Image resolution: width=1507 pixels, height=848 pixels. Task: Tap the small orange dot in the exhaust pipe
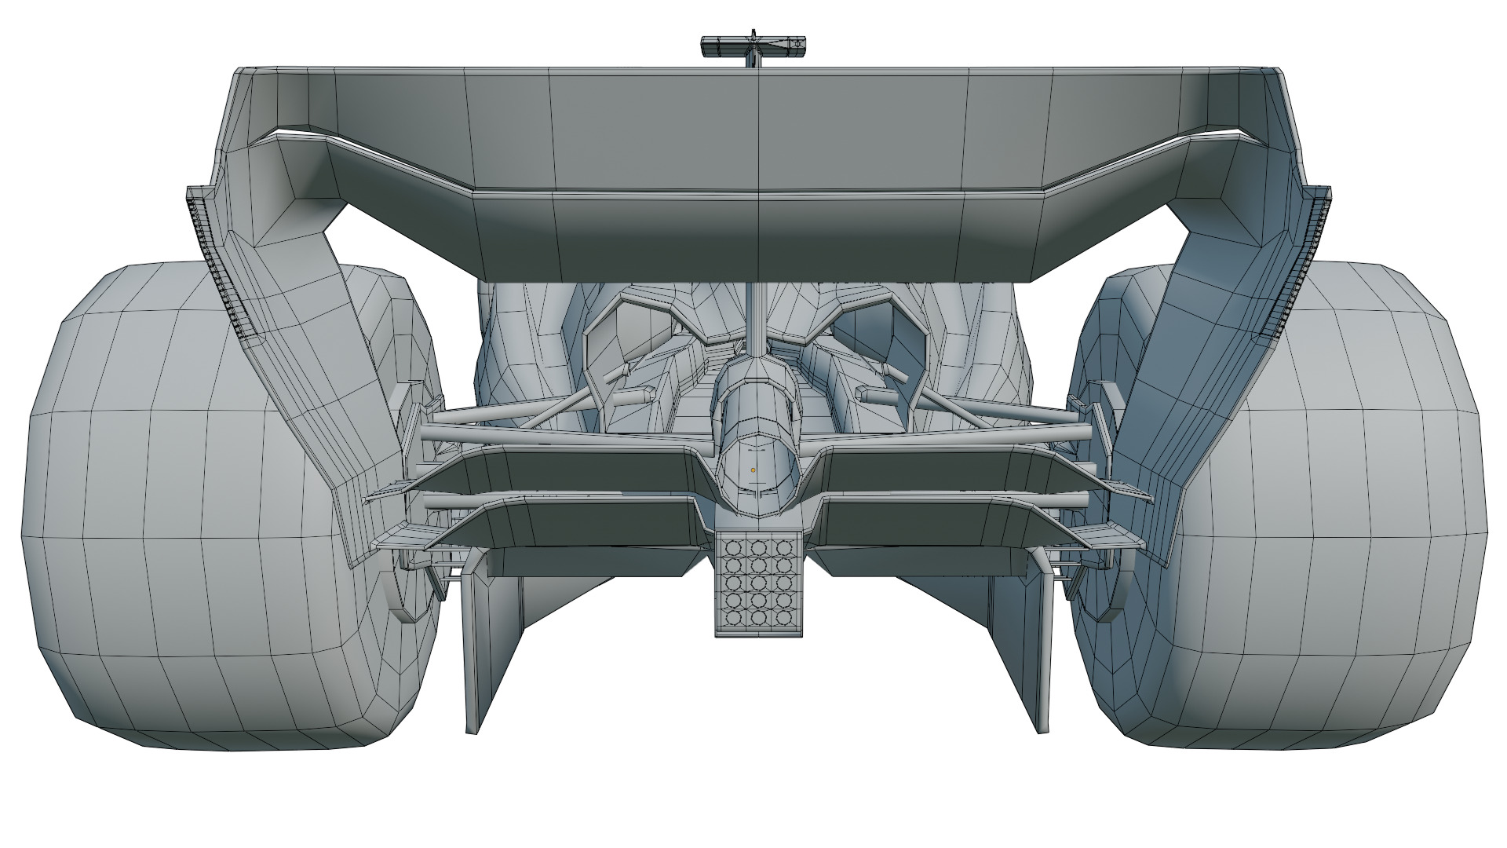[x=753, y=470]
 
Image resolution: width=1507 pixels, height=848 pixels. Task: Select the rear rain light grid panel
[x=758, y=582]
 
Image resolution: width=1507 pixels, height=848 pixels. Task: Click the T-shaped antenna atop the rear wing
[x=752, y=47]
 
